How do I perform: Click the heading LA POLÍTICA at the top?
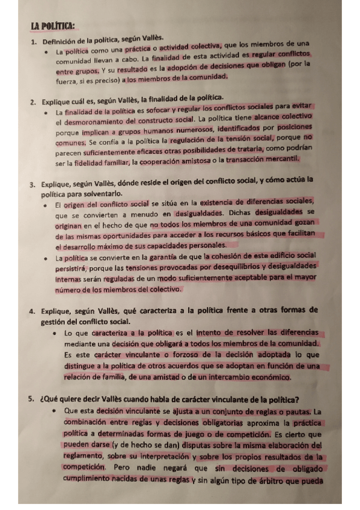click(x=53, y=26)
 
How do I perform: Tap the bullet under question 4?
click(x=55, y=333)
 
